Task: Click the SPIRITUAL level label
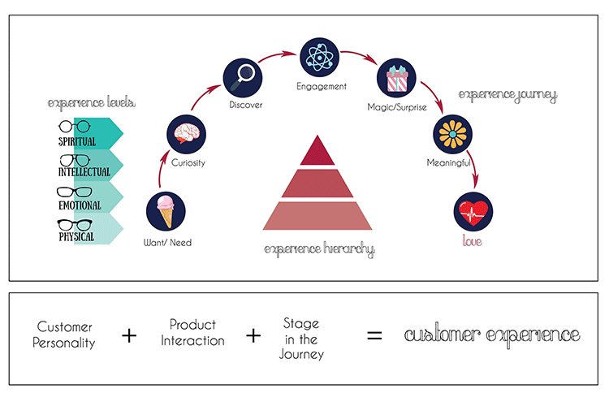click(x=77, y=142)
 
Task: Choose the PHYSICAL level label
click(x=76, y=237)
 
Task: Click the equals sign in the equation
click(x=374, y=335)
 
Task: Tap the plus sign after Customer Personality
click(x=129, y=335)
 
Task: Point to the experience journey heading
click(x=508, y=94)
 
